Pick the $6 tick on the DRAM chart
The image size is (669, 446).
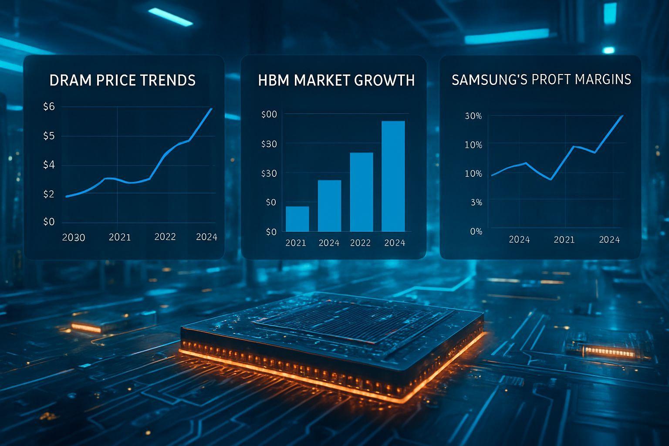click(x=49, y=106)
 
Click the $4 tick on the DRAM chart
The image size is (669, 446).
click(x=49, y=165)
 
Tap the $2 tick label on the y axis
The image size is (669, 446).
click(x=49, y=194)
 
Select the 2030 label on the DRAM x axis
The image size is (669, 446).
click(x=74, y=238)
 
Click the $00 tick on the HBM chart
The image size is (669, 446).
click(x=269, y=115)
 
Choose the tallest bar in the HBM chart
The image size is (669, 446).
click(x=393, y=176)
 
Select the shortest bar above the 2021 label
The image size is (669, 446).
click(x=297, y=219)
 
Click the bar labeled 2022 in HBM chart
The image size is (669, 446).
click(x=361, y=192)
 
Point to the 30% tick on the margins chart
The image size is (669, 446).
click(x=473, y=116)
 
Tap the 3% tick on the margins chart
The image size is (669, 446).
click(x=476, y=203)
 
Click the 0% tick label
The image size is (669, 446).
click(x=476, y=232)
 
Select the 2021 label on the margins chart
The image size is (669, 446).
click(x=564, y=240)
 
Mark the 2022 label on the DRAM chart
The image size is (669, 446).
click(x=165, y=237)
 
